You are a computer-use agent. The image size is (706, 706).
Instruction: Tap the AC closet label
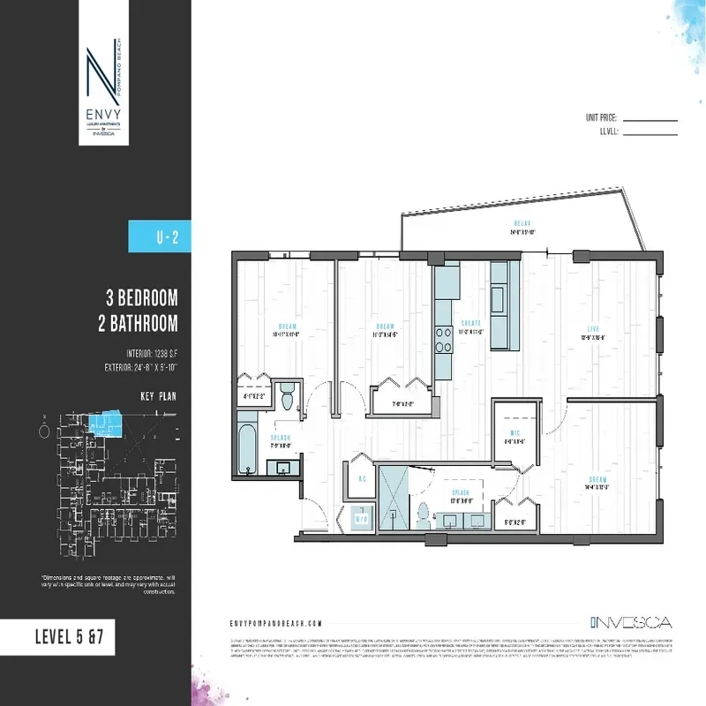click(362, 480)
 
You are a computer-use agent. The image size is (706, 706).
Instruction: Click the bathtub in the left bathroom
click(245, 450)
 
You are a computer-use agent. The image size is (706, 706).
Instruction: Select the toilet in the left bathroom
click(286, 400)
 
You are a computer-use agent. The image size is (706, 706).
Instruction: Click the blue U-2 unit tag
click(160, 236)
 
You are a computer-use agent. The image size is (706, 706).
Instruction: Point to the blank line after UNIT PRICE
click(650, 118)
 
